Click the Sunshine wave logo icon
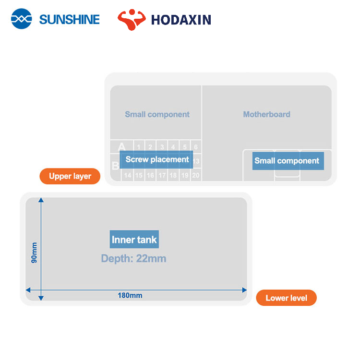tap(22, 19)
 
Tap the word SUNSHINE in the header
tap(69, 20)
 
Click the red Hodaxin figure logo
tap(131, 19)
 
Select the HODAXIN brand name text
tap(181, 20)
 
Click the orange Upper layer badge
tap(70, 176)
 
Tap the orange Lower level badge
tap(286, 298)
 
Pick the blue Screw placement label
tap(157, 159)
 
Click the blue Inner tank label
tap(134, 240)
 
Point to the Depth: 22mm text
tap(133, 259)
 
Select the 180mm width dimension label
tap(130, 295)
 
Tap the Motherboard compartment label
tap(266, 114)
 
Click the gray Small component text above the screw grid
tap(157, 114)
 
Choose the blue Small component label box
tap(287, 161)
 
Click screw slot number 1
tap(139, 147)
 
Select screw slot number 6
tap(196, 147)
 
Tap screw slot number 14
tap(128, 176)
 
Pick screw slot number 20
tap(196, 176)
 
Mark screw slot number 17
tap(162, 176)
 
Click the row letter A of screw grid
tap(121, 146)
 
